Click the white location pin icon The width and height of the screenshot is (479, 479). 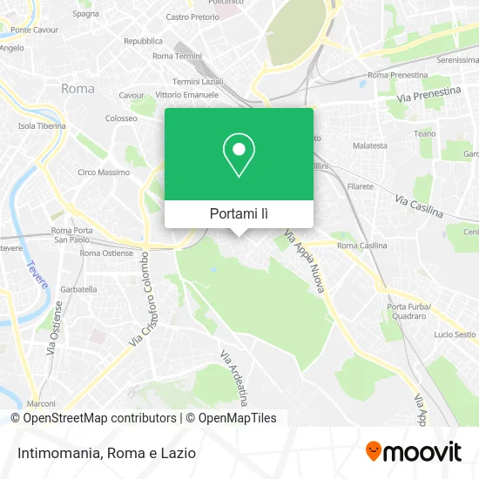pos(239,154)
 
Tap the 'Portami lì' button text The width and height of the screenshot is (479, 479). pos(239,213)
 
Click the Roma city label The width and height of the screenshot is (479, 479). pos(78,88)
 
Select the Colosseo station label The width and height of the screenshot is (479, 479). pos(121,118)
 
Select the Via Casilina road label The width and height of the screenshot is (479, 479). pos(419,206)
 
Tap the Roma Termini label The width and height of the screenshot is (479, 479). pos(177,56)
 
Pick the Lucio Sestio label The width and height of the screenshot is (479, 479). pos(454,334)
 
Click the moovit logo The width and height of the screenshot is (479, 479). pos(413,452)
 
